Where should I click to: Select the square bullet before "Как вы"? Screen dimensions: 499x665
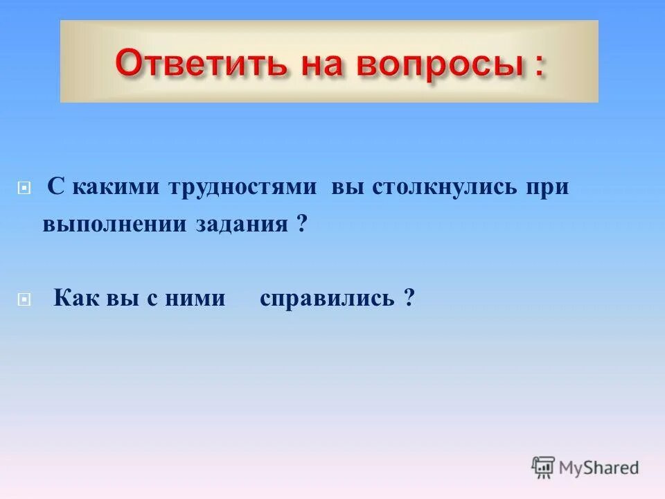point(24,299)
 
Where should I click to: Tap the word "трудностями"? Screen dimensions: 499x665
point(243,188)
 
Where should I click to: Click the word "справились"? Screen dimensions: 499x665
point(327,299)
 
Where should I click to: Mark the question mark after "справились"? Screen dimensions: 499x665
point(410,299)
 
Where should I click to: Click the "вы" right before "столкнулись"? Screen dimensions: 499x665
point(347,188)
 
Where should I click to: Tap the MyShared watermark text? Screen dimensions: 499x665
point(598,468)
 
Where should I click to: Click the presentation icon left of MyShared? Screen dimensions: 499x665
point(543,467)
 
